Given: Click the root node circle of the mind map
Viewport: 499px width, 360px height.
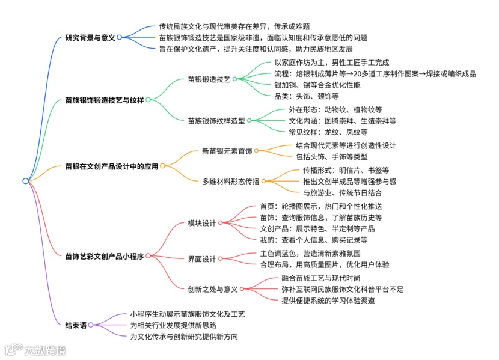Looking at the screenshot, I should click(25, 181).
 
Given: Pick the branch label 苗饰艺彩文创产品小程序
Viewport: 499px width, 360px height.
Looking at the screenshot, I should click(105, 256).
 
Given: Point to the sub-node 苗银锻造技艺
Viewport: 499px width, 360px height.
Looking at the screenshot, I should click(209, 79).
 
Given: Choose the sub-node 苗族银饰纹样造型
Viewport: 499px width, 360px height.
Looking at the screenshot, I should click(216, 120).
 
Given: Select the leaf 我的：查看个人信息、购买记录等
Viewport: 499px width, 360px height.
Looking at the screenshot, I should click(313, 240).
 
